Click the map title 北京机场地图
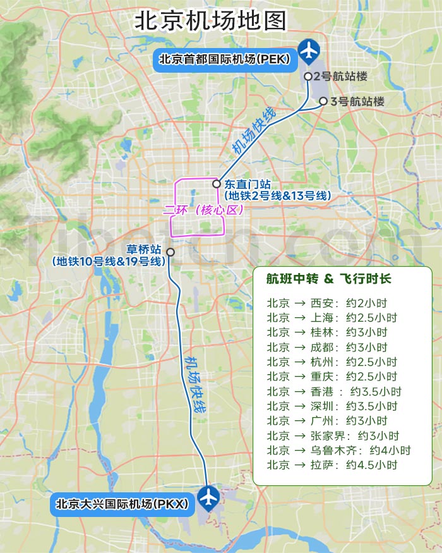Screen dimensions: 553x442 point(211,20)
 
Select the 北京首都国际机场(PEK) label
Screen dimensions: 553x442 point(224,59)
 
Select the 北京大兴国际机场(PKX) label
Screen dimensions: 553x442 point(122,504)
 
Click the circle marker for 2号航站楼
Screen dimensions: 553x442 point(308,76)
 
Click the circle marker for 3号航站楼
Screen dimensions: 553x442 point(323,101)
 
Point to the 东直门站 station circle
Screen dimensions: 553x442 point(217,184)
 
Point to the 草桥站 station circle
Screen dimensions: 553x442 point(170,252)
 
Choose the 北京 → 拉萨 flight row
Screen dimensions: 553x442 point(331,465)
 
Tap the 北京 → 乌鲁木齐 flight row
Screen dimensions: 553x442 point(338,451)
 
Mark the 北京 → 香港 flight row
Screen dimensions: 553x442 point(333,391)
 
